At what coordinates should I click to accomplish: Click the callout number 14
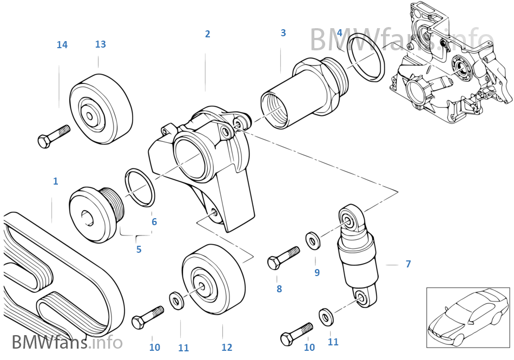62,45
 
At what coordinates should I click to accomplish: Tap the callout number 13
100,44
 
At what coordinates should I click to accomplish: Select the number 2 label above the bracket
207,34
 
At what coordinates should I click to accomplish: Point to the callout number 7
408,264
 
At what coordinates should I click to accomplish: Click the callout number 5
139,250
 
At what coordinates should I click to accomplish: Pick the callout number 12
226,348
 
